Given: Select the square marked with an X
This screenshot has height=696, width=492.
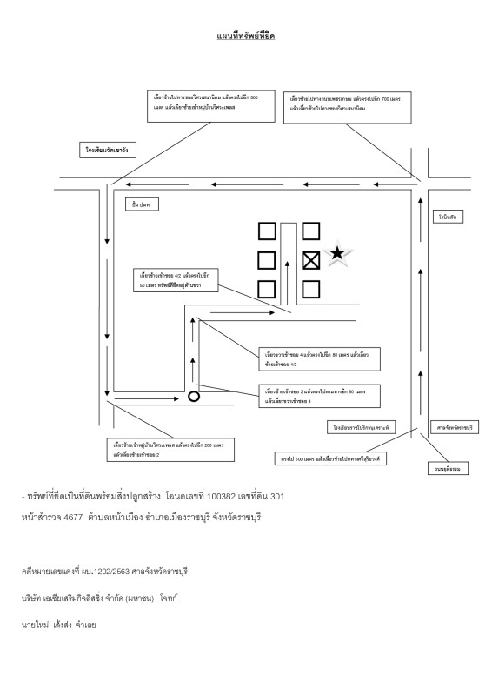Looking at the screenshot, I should pyautogui.click(x=311, y=259).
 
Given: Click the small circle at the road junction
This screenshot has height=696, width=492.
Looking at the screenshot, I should pyautogui.click(x=194, y=397).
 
